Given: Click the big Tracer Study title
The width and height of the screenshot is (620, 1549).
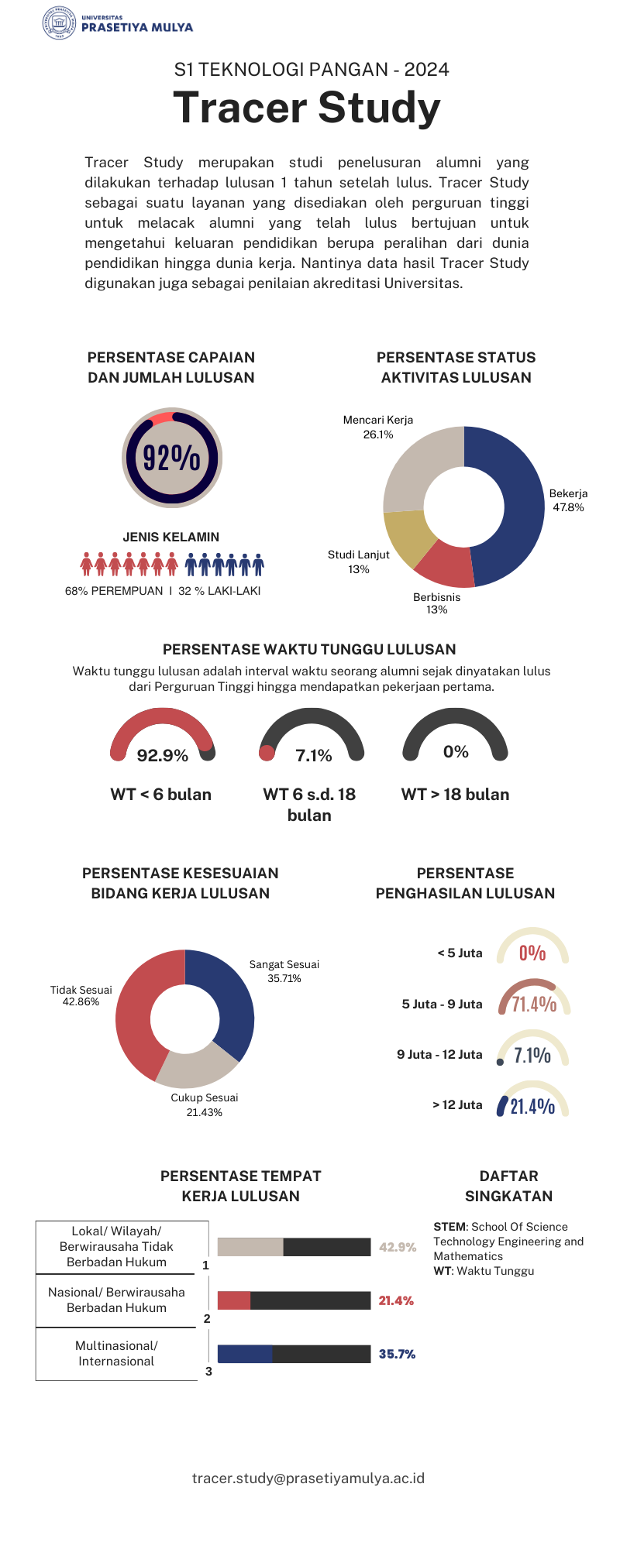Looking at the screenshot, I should pos(307,107).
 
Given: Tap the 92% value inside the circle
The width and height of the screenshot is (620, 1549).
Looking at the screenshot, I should pos(172,458).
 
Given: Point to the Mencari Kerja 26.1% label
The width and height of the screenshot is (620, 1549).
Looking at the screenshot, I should pos(378,427).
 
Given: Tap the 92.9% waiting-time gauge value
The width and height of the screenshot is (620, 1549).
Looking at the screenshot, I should pos(163,755).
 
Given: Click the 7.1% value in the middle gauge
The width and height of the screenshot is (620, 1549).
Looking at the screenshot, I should pos(314,755).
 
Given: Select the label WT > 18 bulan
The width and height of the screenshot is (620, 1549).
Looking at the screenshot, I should pos(455,794).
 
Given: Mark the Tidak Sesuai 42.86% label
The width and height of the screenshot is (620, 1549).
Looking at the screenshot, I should pos(81,995).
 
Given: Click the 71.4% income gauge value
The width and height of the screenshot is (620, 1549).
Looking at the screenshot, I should pos(534,1005).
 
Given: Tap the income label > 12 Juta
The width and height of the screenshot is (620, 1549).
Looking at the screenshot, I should pos(457,1104).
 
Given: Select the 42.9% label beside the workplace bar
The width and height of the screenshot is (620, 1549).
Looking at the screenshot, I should pos(398,1247).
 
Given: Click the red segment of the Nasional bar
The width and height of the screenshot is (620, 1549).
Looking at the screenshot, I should pos(234,1300).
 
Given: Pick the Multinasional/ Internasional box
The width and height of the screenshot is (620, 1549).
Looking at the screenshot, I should pos(116,1353).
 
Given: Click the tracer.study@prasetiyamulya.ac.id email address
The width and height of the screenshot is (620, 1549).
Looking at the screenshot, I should pos(308,1478).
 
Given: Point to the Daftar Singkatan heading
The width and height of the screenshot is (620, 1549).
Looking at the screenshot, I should pos(508,1186).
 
